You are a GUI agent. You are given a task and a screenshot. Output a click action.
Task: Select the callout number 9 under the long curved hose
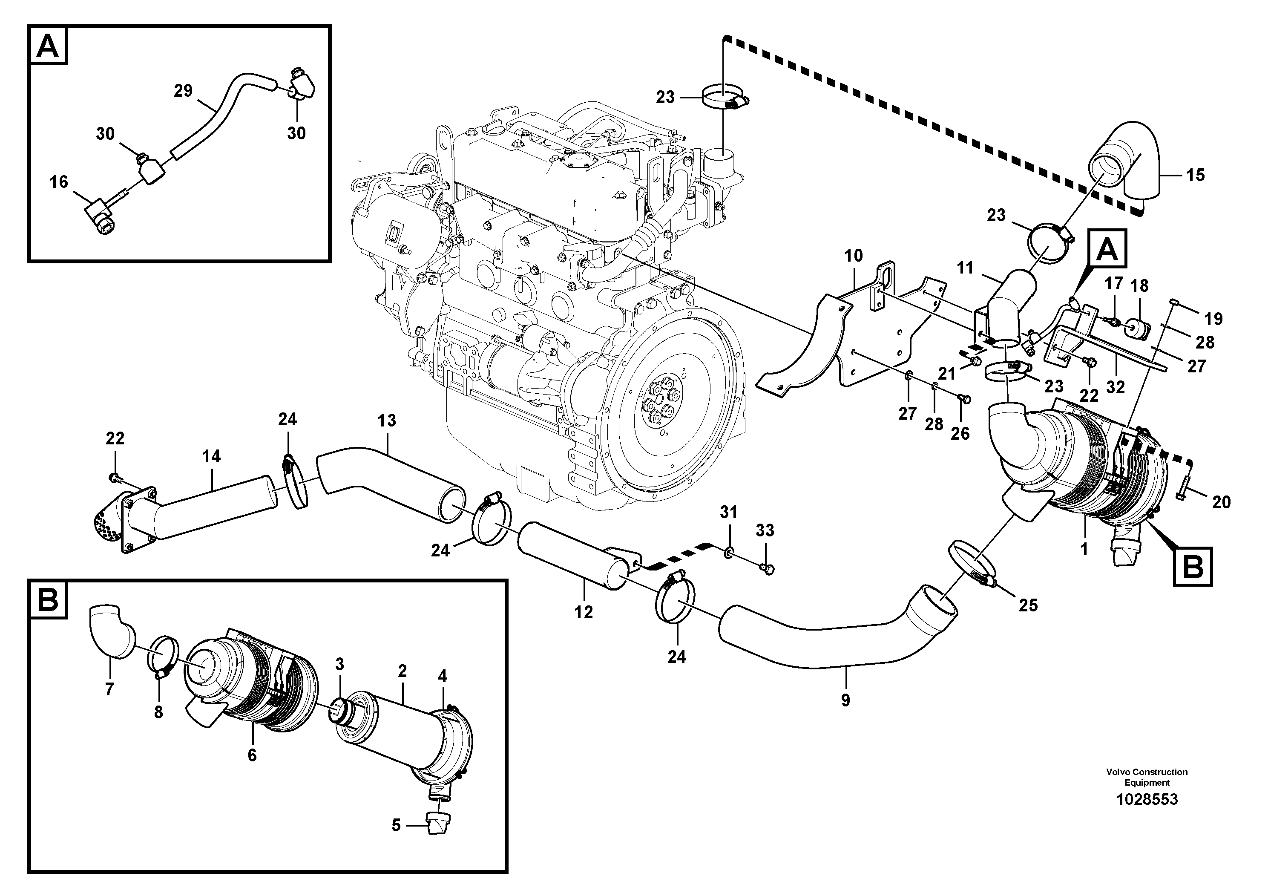click(x=845, y=700)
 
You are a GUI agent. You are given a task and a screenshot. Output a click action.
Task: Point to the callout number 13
click(x=387, y=421)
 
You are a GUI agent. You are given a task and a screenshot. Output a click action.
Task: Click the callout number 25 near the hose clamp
click(x=1028, y=605)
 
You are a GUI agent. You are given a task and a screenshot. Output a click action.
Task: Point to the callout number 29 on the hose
click(x=183, y=91)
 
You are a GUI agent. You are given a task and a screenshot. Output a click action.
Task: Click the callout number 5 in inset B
click(x=396, y=825)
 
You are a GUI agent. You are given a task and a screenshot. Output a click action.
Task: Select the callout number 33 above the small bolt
click(x=765, y=530)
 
